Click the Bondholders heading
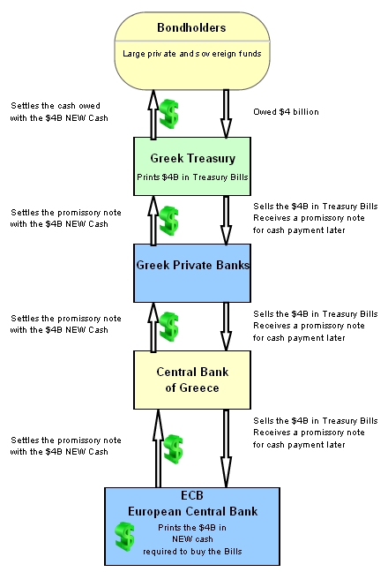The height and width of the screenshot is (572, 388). [191, 27]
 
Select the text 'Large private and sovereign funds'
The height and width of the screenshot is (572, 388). [192, 54]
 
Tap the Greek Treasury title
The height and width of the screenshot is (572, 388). [193, 158]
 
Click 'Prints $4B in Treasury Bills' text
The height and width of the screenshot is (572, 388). [192, 177]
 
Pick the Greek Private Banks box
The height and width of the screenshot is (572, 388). [192, 274]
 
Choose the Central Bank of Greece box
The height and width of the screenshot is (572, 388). [192, 380]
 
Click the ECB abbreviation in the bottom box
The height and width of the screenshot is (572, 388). [192, 495]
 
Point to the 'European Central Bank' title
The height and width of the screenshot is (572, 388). [193, 511]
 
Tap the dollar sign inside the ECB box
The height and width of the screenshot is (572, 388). [124, 536]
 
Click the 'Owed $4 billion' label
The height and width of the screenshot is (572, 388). [286, 112]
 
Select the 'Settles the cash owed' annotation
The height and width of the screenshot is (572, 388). [56, 106]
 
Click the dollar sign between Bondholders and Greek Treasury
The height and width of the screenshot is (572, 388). [169, 114]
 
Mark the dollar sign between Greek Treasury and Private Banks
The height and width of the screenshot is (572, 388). [169, 221]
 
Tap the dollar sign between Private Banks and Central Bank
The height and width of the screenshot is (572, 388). [169, 327]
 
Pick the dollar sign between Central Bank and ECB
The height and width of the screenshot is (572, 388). [174, 449]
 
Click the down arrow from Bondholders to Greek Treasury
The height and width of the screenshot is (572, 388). [226, 114]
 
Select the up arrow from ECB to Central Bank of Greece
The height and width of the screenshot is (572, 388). [158, 448]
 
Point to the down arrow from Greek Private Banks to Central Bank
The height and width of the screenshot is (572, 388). [226, 327]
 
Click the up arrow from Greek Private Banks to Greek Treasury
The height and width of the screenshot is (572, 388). [153, 221]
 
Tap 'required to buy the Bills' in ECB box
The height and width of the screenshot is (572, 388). [192, 552]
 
